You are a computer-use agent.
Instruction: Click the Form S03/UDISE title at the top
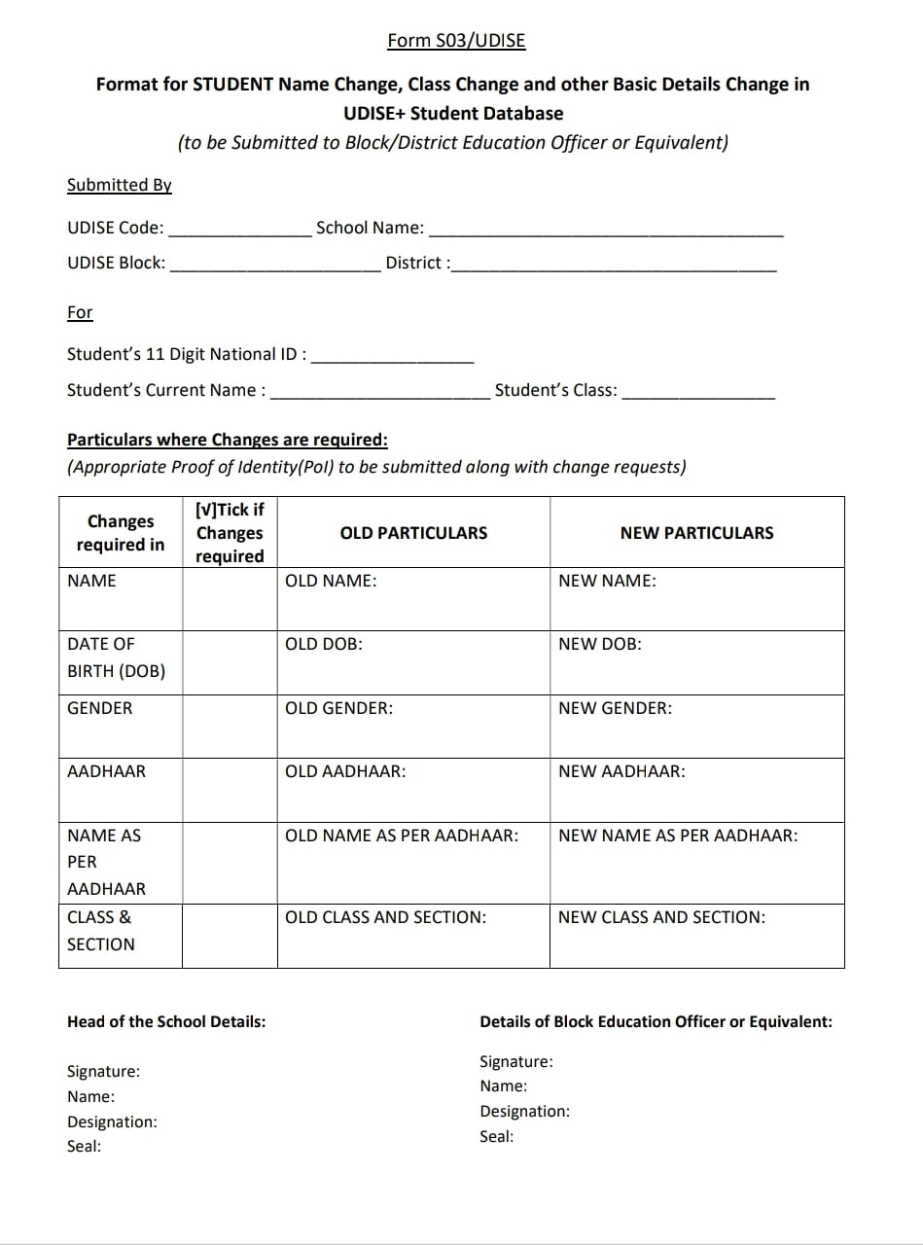[x=456, y=40]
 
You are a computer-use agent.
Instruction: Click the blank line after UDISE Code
[x=239, y=230]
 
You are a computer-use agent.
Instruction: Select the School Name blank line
[x=605, y=230]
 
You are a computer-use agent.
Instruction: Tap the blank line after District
[x=614, y=265]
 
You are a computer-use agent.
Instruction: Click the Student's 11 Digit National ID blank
[x=392, y=356]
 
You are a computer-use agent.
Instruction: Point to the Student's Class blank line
[x=697, y=392]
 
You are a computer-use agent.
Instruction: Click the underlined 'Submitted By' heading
[x=119, y=185]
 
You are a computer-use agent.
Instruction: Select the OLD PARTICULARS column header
[x=413, y=533]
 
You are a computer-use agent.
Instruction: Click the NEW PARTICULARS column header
[x=696, y=533]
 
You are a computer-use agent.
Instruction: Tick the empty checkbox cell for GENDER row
[x=230, y=726]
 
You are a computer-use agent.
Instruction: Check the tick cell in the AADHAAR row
[x=230, y=789]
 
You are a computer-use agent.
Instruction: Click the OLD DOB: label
[x=323, y=644]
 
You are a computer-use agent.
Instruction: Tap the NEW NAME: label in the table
[x=607, y=581]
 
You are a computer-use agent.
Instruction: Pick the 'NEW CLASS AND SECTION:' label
[x=661, y=917]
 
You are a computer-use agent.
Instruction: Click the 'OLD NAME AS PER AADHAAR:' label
[x=401, y=836]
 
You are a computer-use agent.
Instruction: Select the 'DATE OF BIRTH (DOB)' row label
[x=116, y=658]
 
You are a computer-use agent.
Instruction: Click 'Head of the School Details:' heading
[x=166, y=1021]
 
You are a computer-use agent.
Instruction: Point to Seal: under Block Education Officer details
[x=496, y=1136]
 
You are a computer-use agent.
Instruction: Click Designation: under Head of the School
[x=112, y=1121]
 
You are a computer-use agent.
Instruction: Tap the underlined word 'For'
[x=80, y=312]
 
